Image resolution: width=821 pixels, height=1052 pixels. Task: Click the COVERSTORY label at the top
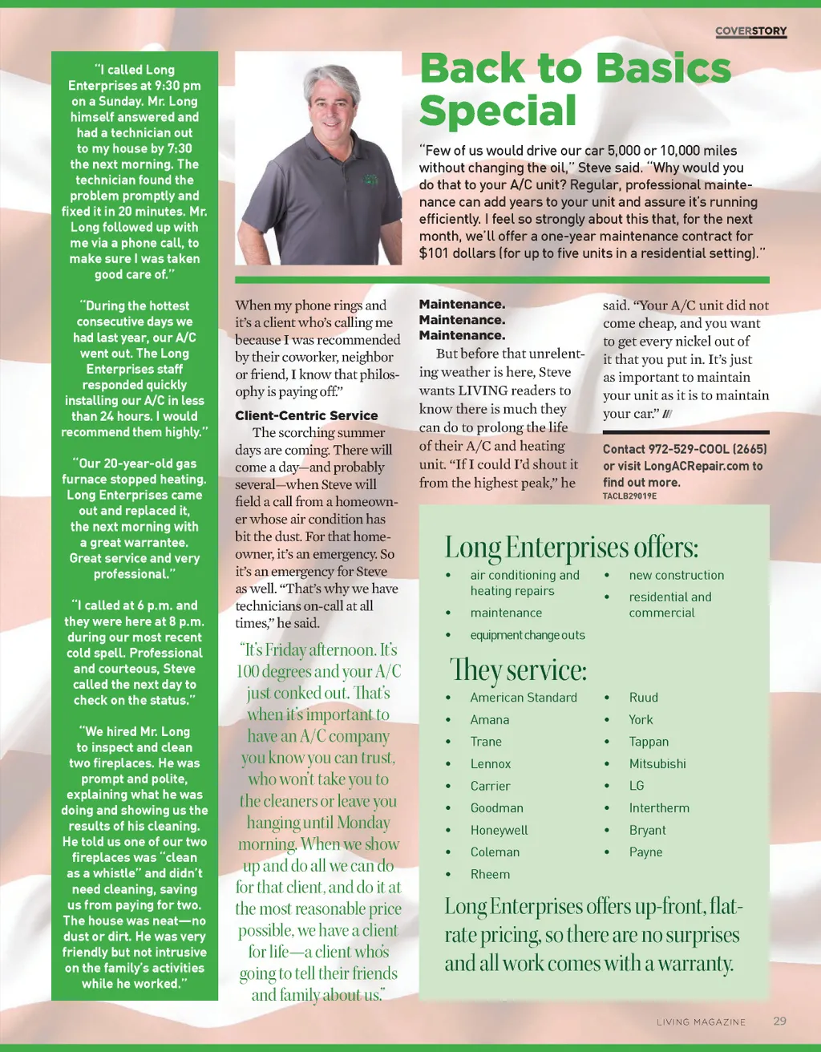pyautogui.click(x=750, y=31)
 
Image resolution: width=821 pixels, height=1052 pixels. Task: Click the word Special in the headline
pyautogui.click(x=498, y=111)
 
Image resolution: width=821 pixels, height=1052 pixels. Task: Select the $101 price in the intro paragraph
pyautogui.click(x=435, y=253)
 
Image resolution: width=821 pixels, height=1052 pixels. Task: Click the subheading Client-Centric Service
pyautogui.click(x=306, y=415)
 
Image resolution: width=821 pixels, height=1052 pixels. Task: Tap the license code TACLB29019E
pyautogui.click(x=629, y=496)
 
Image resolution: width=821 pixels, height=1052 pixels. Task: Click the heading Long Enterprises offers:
pyautogui.click(x=572, y=548)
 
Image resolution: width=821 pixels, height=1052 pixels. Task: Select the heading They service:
pyautogui.click(x=518, y=670)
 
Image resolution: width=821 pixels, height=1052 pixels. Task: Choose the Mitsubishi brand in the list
pyautogui.click(x=657, y=764)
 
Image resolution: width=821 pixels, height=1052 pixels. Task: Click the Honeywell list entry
pyautogui.click(x=499, y=831)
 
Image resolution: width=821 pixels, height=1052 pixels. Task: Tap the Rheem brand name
pyautogui.click(x=490, y=875)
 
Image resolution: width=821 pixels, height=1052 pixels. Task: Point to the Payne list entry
pyautogui.click(x=645, y=852)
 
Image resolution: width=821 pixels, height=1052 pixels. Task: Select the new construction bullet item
pyautogui.click(x=676, y=576)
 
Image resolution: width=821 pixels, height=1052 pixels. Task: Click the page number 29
pyautogui.click(x=779, y=1022)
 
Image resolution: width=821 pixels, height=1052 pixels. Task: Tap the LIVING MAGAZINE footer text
pyautogui.click(x=701, y=1022)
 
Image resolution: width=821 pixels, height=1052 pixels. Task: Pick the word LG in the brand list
pyautogui.click(x=637, y=786)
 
